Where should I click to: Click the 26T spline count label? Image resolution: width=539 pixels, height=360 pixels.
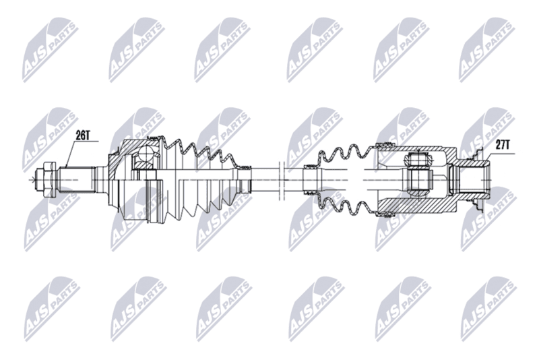(x=83, y=136)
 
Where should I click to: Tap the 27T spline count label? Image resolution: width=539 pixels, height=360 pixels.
(x=503, y=146)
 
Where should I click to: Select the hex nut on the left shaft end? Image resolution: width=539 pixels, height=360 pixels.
(x=46, y=180)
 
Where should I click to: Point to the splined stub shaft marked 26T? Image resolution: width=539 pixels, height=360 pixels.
(x=76, y=180)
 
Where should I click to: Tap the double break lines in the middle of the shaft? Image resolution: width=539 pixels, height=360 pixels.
(x=281, y=179)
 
